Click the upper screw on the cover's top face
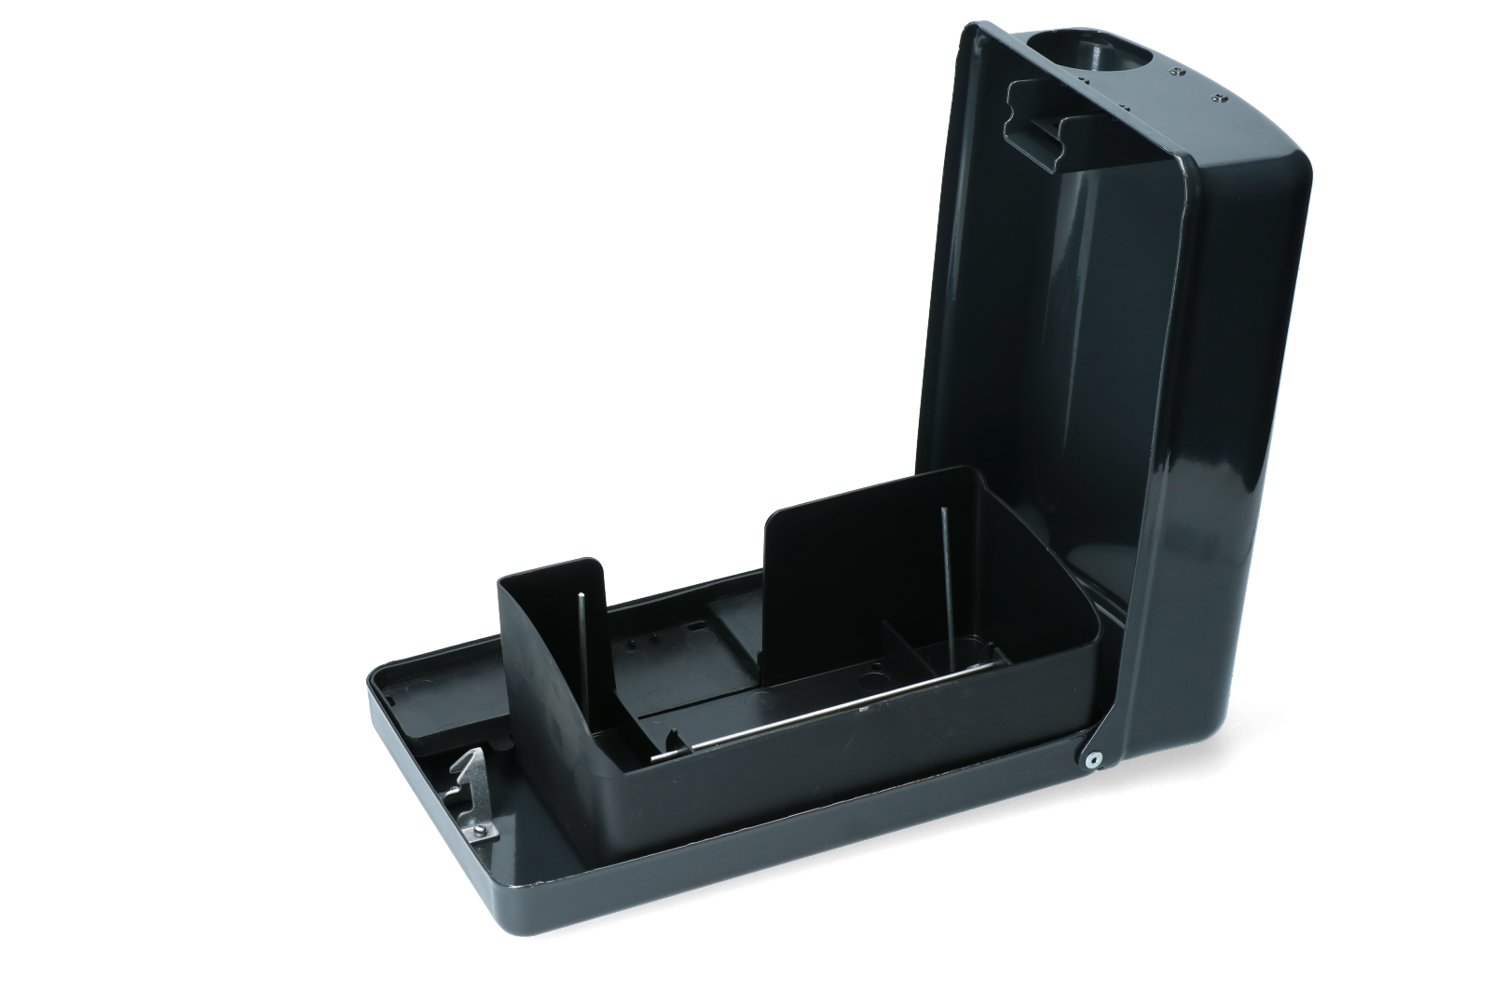1181,71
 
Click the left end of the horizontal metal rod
655,757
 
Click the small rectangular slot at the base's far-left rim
392,695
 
